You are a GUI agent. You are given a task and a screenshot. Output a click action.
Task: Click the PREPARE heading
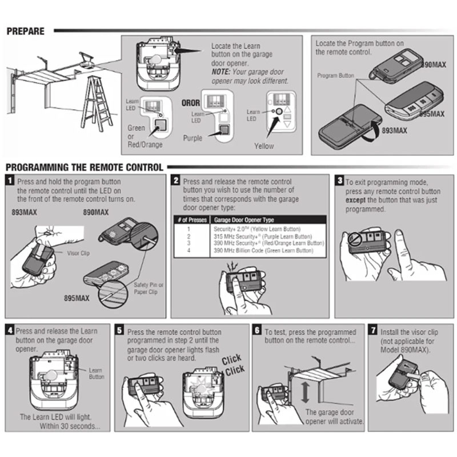25,31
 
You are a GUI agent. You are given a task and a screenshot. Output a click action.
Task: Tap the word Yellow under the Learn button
263,146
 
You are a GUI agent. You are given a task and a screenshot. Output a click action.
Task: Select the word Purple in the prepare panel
193,138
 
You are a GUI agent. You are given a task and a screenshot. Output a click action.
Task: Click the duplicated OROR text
190,103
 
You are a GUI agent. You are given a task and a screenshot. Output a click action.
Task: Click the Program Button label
336,75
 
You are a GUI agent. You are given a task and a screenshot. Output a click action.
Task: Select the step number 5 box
119,330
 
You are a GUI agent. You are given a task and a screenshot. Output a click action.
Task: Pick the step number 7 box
373,330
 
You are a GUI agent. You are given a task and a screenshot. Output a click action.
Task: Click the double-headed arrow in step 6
306,392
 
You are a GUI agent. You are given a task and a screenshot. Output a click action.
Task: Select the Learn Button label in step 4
97,373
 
